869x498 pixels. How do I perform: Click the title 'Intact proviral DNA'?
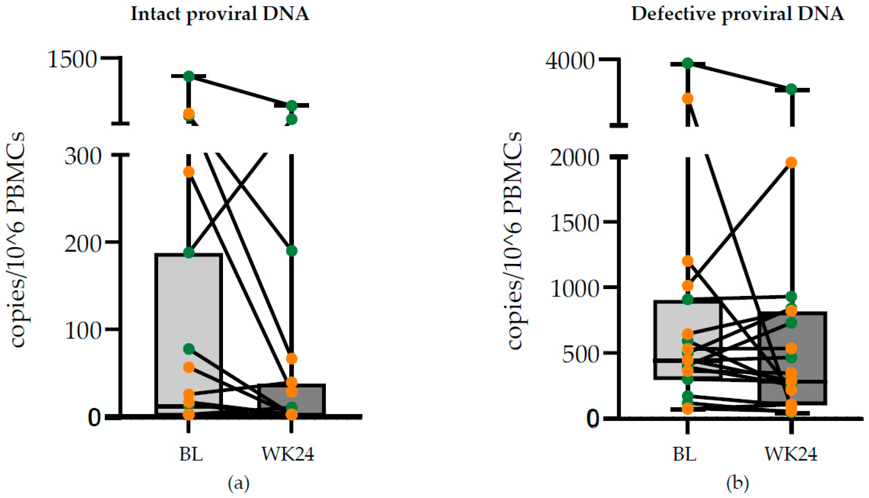[220, 14]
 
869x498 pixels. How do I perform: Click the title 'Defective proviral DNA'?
[737, 14]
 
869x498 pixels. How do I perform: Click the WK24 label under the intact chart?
[288, 454]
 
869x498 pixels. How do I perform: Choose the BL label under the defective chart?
[685, 454]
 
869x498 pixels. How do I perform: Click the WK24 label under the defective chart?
[791, 454]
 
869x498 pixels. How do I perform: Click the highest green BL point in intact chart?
[189, 76]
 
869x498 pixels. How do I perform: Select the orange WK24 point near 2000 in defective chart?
[791, 162]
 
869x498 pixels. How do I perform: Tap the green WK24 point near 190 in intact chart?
[291, 251]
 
